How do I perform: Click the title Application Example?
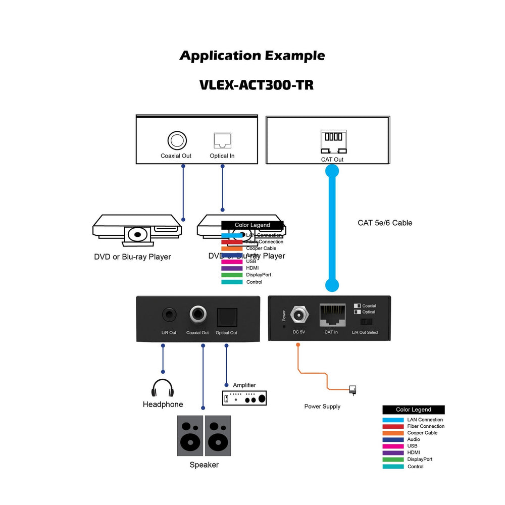[x=252, y=56]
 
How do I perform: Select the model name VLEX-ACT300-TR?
[x=257, y=85]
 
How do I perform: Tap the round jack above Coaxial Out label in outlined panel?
[x=177, y=140]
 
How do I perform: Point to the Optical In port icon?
[x=222, y=140]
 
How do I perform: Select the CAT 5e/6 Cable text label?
[x=385, y=223]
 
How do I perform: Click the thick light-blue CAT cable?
[x=332, y=227]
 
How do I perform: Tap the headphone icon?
[x=163, y=388]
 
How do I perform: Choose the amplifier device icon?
[x=244, y=398]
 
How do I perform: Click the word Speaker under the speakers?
[x=204, y=465]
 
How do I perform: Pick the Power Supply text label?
[x=322, y=407]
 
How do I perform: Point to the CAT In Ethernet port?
[x=332, y=315]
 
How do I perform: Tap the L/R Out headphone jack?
[x=169, y=315]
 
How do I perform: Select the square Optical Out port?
[x=226, y=316]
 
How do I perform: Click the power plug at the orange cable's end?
[x=353, y=389]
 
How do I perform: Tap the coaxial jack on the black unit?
[x=197, y=315]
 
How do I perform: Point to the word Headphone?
[x=163, y=405]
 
